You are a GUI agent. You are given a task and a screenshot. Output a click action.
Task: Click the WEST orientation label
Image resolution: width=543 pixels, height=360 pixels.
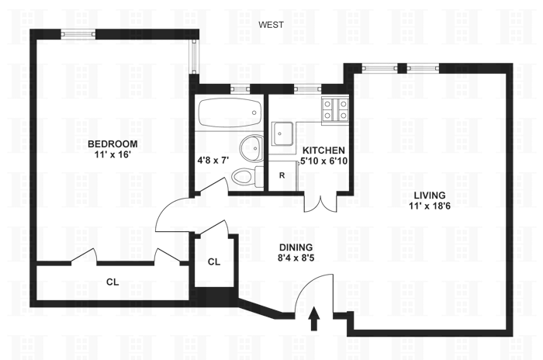coord(271,25)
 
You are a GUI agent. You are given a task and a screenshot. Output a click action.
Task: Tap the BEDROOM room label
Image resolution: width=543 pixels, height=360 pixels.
coord(112,143)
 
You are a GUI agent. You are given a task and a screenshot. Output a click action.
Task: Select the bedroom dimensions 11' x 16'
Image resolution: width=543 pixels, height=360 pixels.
coord(112,154)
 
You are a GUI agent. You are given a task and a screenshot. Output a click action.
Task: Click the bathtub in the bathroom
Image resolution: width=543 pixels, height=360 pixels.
coord(229,114)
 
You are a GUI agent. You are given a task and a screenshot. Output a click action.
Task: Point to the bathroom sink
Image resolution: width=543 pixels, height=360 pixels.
coord(251,147)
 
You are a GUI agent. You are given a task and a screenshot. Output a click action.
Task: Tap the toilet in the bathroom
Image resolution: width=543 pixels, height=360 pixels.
coord(244,175)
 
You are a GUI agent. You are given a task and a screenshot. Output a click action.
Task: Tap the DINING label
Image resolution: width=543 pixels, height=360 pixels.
coord(296,247)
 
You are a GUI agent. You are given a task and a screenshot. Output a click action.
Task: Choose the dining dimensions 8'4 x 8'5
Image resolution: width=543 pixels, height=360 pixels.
coord(296,259)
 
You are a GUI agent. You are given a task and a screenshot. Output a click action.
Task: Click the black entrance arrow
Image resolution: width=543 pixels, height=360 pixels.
coord(314,318)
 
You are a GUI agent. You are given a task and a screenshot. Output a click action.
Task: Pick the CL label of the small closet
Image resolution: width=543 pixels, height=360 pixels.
coord(214,261)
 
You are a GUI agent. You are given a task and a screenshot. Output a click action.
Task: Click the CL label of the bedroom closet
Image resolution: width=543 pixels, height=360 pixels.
coord(112,282)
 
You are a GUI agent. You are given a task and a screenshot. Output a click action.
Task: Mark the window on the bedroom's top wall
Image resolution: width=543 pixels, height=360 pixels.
coord(78,33)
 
